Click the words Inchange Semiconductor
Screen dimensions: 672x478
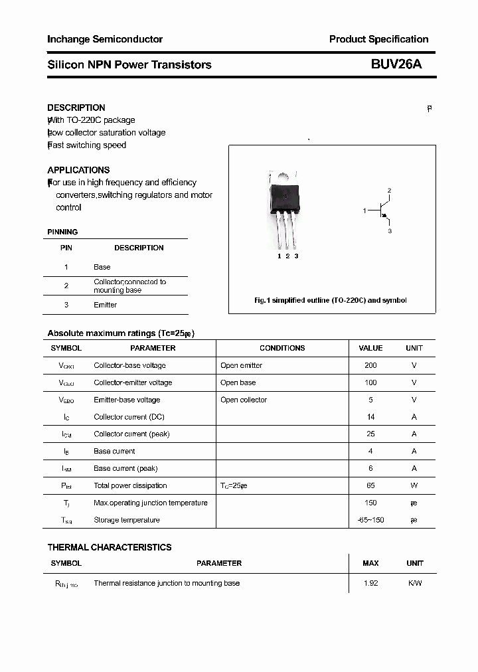tap(105, 39)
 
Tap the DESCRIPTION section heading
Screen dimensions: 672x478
tap(76, 108)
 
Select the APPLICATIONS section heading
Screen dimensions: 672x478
tap(78, 170)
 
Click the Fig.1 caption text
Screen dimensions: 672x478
tap(331, 300)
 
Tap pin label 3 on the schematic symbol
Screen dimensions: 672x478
tap(390, 231)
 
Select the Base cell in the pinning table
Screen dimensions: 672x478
tap(102, 267)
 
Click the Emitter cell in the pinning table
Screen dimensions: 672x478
tap(105, 305)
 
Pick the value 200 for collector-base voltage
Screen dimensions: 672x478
tap(370, 365)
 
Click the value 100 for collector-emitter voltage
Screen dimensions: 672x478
tap(370, 382)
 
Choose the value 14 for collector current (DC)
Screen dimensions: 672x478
tap(370, 417)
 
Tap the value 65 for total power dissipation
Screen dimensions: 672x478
tap(370, 485)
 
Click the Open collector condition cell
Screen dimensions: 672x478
tap(244, 400)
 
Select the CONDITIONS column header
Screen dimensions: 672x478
tap(282, 348)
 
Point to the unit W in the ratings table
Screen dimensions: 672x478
tap(414, 485)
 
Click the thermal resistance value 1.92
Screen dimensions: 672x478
tap(370, 583)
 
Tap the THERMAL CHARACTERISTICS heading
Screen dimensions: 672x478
tap(110, 547)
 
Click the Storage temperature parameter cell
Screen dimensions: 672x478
tap(127, 520)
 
